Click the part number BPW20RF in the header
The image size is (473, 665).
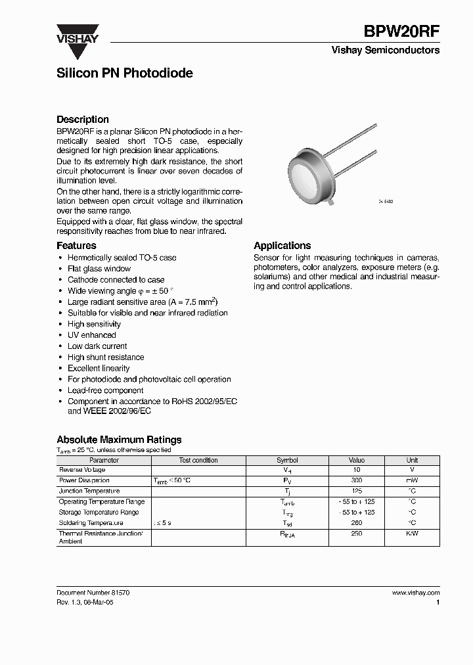click(x=401, y=30)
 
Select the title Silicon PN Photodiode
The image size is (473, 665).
click(x=125, y=73)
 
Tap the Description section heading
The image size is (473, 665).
click(x=83, y=120)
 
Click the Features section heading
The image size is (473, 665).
click(x=76, y=246)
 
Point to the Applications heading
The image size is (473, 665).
click(x=282, y=246)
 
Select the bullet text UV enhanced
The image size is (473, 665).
click(x=91, y=335)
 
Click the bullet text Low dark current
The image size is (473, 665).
click(x=97, y=346)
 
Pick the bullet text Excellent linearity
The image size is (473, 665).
click(x=99, y=369)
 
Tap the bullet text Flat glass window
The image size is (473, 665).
click(x=99, y=269)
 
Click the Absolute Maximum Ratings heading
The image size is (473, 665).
click(x=119, y=440)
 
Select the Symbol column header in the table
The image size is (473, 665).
click(x=287, y=460)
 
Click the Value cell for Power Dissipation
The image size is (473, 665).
click(x=357, y=481)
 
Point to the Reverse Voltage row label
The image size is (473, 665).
click(x=82, y=470)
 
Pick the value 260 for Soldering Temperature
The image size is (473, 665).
click(x=357, y=523)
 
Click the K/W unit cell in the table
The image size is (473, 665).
click(x=412, y=534)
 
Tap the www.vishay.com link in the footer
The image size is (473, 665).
click(x=415, y=593)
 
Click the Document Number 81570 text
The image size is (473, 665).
click(x=93, y=593)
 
